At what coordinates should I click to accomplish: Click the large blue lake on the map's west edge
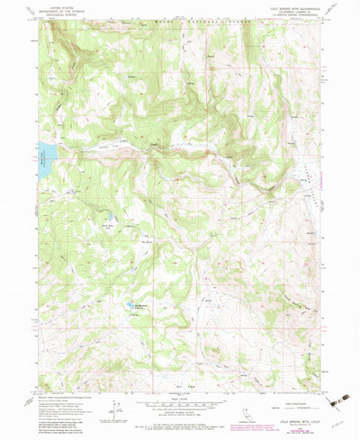tap(45, 148)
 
